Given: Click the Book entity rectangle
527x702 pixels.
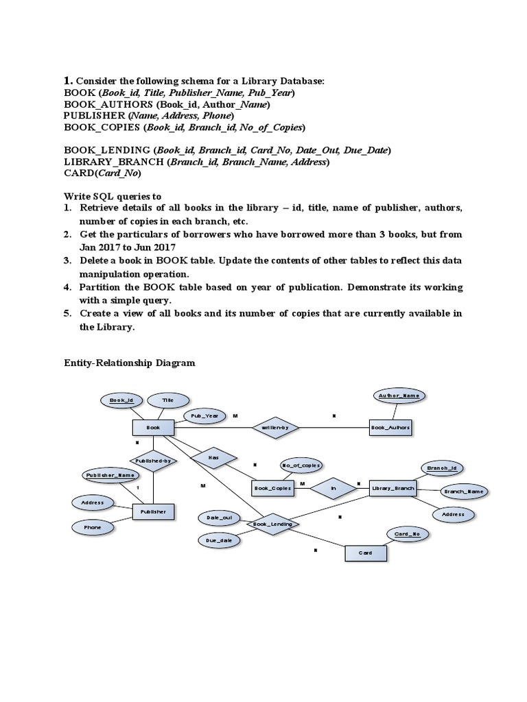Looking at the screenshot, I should (153, 427).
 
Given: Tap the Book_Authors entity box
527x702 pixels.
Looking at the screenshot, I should (390, 427).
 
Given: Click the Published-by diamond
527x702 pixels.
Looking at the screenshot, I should (152, 461).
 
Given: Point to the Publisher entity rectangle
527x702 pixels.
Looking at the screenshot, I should (153, 511).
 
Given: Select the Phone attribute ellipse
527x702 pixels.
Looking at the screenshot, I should (93, 527).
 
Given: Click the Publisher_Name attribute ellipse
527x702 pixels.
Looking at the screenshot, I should (109, 474).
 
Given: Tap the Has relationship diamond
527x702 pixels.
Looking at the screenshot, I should (213, 457).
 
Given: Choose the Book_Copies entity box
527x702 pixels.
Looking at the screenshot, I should (273, 487).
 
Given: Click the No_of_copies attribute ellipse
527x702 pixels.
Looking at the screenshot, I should (301, 465).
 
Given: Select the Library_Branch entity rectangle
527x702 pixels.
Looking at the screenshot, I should (393, 487).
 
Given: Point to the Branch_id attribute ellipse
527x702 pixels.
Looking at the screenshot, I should (441, 468).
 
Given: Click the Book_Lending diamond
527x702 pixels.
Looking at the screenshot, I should (273, 524).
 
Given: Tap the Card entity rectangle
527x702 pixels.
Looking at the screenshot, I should (365, 553).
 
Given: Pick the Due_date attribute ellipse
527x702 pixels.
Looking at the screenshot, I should (218, 541).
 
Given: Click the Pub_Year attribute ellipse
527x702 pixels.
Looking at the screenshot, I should (204, 415).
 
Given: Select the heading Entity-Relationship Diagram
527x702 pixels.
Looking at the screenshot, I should (130, 363).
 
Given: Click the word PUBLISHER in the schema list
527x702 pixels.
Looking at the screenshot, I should (95, 116).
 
